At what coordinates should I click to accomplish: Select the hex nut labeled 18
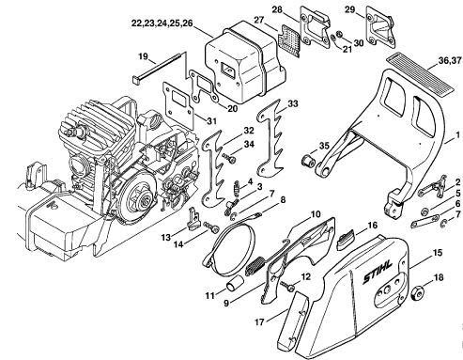417,293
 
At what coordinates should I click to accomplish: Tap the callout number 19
143,57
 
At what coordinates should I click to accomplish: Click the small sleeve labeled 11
235,284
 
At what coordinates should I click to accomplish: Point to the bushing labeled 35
307,161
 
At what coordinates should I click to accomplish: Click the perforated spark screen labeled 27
289,39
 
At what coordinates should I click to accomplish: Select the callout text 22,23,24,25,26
162,23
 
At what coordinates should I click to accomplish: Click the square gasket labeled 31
177,102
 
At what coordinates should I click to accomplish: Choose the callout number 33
293,103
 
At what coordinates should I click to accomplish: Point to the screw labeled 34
229,158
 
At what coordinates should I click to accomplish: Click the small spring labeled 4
238,189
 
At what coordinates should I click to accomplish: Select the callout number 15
438,253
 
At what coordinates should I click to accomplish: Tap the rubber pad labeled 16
345,240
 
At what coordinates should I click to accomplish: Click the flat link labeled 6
425,221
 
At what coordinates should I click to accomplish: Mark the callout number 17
259,322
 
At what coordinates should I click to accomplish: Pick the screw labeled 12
287,286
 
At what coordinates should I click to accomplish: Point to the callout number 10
316,214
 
